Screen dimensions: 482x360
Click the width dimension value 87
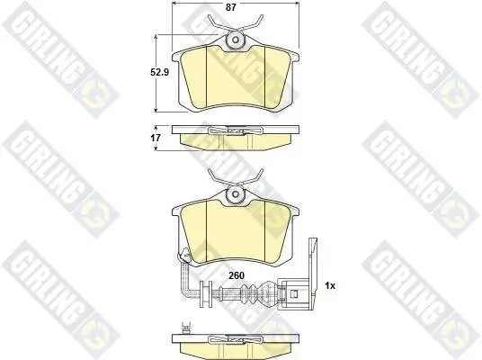point(230,7)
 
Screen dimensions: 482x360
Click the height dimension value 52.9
point(159,72)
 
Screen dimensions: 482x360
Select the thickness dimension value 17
point(156,138)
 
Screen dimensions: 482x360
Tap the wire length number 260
point(237,275)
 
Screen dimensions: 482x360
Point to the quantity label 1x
point(330,286)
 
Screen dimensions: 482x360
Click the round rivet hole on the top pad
point(236,40)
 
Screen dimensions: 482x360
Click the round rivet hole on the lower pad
point(236,194)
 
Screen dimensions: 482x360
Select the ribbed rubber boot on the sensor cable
point(252,292)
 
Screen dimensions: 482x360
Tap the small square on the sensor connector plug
point(294,293)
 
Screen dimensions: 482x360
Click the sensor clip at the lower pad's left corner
point(184,255)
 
